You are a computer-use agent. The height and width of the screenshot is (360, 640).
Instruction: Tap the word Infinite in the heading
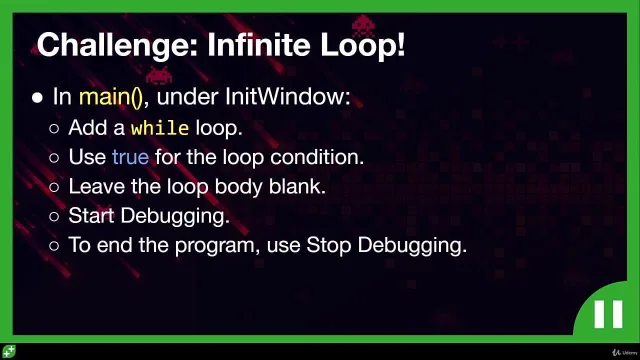pyautogui.click(x=259, y=44)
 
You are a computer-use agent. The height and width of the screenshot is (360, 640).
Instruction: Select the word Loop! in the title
pyautogui.click(x=362, y=46)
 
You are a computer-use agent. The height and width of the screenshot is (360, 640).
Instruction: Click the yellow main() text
pyautogui.click(x=111, y=98)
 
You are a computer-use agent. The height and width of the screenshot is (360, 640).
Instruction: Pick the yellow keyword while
pyautogui.click(x=160, y=128)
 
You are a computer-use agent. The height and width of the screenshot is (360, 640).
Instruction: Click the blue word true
pyautogui.click(x=131, y=157)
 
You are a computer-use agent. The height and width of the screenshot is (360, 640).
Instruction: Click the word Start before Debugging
pyautogui.click(x=91, y=216)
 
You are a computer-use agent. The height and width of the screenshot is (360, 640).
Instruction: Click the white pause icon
pyautogui.click(x=608, y=314)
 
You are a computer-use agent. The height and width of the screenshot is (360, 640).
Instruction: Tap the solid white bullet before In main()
pyautogui.click(x=38, y=98)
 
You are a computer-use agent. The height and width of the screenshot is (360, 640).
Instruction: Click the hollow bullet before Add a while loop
pyautogui.click(x=54, y=129)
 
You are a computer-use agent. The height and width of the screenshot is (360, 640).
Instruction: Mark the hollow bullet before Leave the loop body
pyautogui.click(x=54, y=187)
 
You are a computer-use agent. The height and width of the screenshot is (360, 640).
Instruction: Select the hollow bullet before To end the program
pyautogui.click(x=54, y=246)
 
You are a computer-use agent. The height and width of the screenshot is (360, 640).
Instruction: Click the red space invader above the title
pyautogui.click(x=363, y=26)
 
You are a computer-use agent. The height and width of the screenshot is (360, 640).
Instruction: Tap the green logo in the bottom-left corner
pyautogui.click(x=9, y=351)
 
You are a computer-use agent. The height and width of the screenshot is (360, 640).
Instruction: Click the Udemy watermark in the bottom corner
pyautogui.click(x=625, y=352)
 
